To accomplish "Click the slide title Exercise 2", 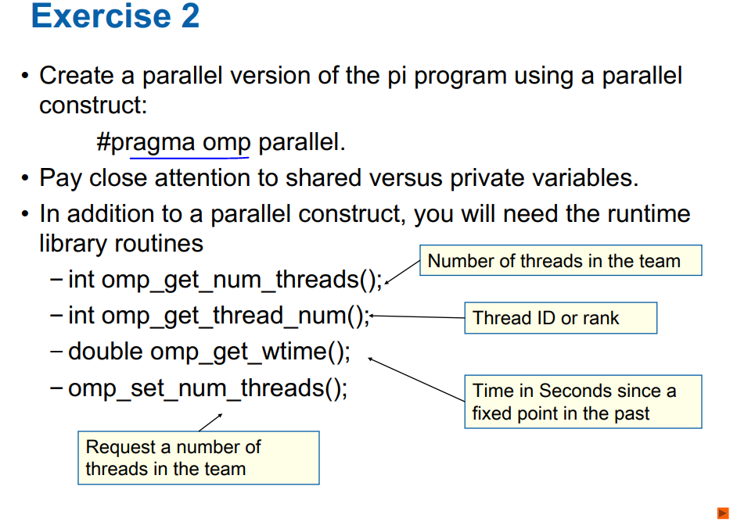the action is point(116,16).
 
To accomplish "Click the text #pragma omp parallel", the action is point(221,142).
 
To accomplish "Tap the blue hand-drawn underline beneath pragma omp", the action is point(189,158).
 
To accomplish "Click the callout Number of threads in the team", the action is point(561,260).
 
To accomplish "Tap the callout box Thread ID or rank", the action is point(561,318).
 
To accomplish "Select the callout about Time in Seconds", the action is point(584,402).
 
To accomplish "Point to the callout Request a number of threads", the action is point(199,458).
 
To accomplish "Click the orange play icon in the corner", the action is point(723,513).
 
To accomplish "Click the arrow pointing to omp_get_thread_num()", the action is point(417,316).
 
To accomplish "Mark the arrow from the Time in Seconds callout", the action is point(416,380).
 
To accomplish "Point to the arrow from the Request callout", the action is point(210,423).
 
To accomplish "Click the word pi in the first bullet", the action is point(397,77).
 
